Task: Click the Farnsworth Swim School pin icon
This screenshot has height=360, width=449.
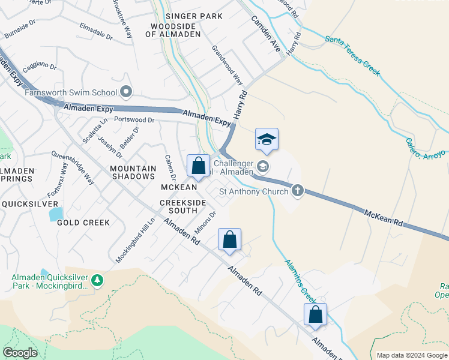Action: coord(126,92)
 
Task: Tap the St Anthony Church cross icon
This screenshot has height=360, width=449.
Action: coord(297,191)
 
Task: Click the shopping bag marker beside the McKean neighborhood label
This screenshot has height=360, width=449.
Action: coord(198,166)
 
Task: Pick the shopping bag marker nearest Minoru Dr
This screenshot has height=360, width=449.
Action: coord(229,240)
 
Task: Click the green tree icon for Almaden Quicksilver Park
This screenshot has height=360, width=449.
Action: coord(96,280)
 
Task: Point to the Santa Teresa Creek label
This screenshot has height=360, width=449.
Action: coord(352,55)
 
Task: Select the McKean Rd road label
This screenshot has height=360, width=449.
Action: coord(383,217)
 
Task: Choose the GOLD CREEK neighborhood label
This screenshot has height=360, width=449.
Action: coord(83,223)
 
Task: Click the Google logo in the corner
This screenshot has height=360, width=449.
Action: coord(20,353)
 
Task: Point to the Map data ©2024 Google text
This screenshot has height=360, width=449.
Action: coord(411,355)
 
